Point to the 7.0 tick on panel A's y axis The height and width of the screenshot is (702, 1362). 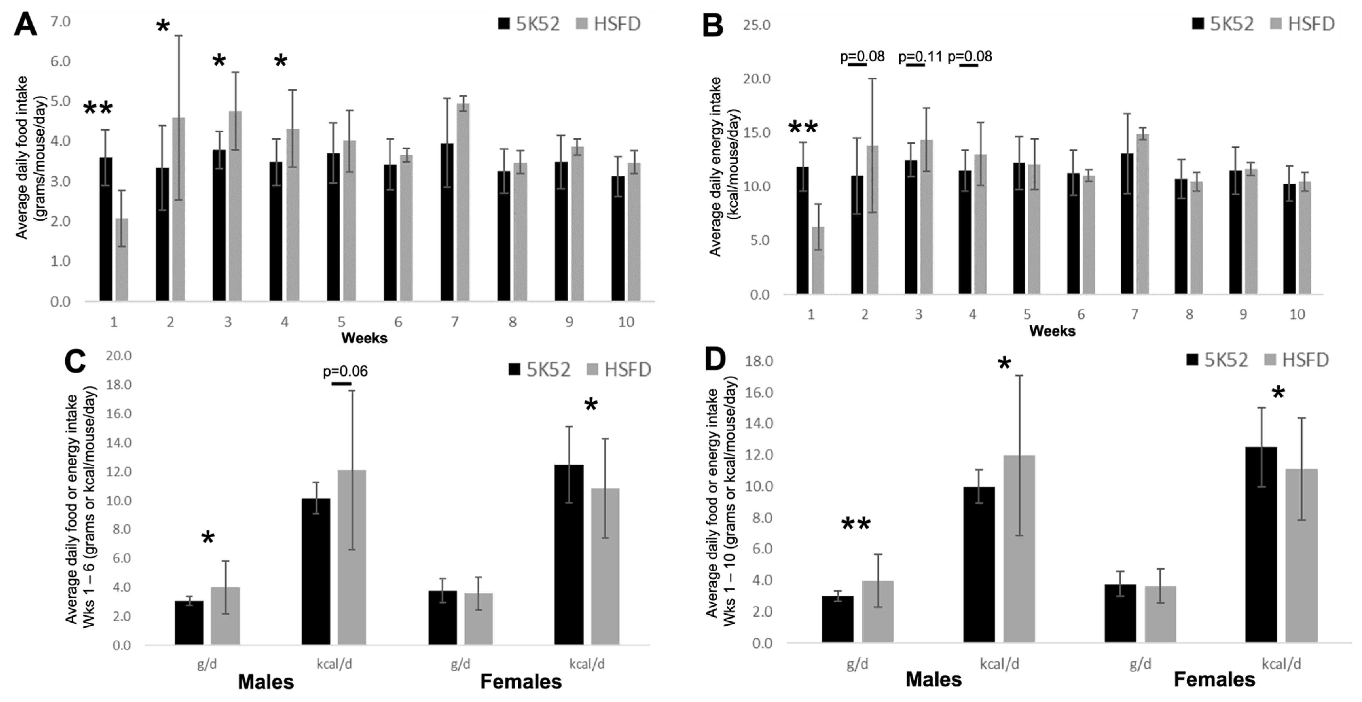pos(60,22)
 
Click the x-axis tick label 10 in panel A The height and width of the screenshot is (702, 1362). pos(626,322)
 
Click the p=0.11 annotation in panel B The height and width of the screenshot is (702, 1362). pos(920,57)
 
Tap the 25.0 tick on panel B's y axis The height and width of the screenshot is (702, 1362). pos(756,25)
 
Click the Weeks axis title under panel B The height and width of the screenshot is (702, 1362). pos(1052,331)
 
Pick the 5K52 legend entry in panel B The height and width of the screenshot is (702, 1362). pos(1223,24)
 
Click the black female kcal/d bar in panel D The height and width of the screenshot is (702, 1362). pos(1261,544)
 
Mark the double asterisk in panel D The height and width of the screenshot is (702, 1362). pos(856,524)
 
